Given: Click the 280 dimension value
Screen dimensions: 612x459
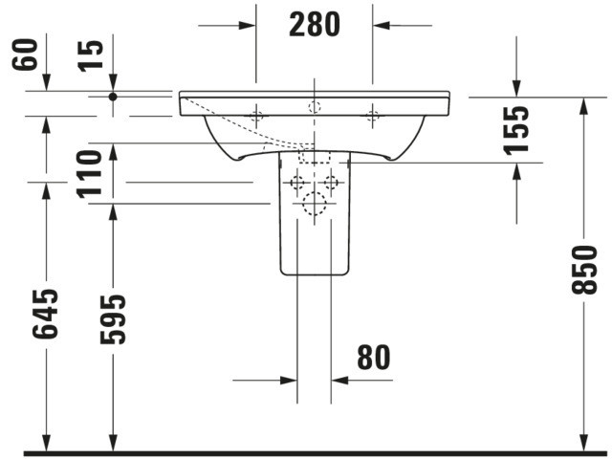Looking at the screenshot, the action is tap(315, 25).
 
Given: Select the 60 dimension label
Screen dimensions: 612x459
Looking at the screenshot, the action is tap(25, 55).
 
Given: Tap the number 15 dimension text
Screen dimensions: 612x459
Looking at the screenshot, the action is tap(91, 55).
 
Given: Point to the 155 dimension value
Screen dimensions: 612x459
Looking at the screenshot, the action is tap(516, 130).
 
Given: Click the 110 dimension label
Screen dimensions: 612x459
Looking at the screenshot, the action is tap(89, 174).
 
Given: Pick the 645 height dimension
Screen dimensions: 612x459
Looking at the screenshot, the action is tap(45, 314).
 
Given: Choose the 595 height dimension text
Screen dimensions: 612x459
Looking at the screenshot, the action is tap(113, 319).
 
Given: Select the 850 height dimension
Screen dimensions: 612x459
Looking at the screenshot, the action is tap(584, 270).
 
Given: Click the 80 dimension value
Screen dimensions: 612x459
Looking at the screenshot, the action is tap(374, 357).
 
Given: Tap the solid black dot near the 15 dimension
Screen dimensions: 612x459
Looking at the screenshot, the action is tap(113, 97).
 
